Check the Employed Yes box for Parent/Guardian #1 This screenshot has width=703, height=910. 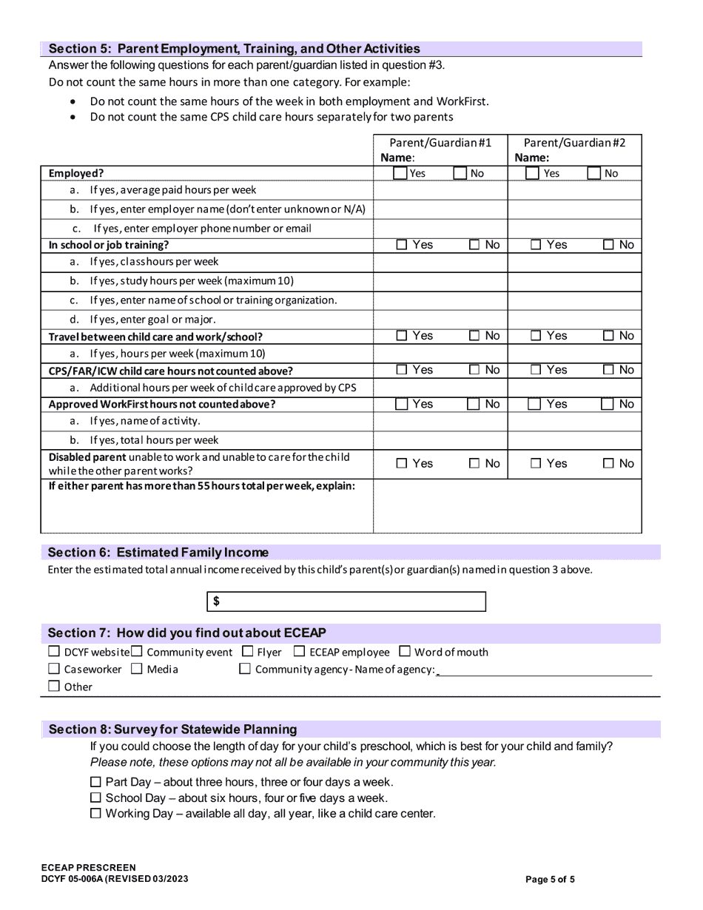(400, 174)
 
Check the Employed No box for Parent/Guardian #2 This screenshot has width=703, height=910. (593, 174)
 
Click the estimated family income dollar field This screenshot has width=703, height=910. (346, 601)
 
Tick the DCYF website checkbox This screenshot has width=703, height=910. (54, 652)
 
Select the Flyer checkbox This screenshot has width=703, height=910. (248, 652)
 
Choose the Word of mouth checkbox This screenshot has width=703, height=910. (405, 652)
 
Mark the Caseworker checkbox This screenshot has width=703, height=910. (54, 669)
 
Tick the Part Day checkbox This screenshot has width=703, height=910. (95, 782)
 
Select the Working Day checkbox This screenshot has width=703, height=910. (95, 814)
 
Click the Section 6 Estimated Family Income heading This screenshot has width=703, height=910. (158, 553)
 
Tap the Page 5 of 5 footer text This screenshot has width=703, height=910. (550, 880)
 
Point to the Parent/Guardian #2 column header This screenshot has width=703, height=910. (574, 143)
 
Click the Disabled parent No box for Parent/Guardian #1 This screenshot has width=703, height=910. (474, 464)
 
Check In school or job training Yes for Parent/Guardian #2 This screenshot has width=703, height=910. (536, 245)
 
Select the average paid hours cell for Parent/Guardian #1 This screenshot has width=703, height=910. (440, 191)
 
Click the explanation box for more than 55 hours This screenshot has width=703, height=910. (507, 506)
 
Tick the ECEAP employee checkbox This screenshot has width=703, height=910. (300, 652)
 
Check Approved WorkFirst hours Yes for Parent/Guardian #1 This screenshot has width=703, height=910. (400, 405)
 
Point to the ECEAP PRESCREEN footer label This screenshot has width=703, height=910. (89, 868)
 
